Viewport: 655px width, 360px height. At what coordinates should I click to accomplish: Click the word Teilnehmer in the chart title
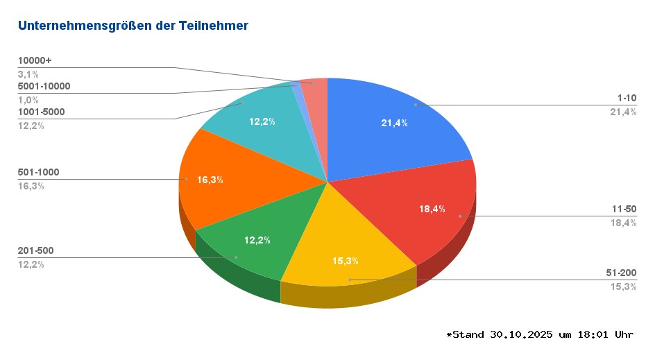214,26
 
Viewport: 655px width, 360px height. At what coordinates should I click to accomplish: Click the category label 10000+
35,61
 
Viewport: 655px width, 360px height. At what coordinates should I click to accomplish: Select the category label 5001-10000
44,87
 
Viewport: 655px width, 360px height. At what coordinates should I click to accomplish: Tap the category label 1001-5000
42,112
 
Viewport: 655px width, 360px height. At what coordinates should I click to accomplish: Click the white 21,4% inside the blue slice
394,123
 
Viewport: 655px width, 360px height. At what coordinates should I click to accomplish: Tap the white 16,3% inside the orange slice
210,180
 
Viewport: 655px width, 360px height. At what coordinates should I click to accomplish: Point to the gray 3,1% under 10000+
28,74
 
